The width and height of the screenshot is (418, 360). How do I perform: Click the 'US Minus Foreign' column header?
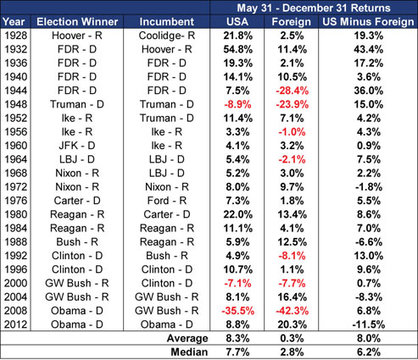[x=368, y=22]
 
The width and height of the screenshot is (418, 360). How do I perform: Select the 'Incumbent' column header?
[x=167, y=22]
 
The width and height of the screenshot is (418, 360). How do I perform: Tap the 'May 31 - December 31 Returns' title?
[x=314, y=8]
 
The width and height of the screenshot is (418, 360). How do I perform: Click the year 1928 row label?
[x=16, y=36]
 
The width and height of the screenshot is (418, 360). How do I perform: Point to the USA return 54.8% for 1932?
[x=237, y=49]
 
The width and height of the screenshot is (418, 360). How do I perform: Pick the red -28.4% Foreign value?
[x=293, y=91]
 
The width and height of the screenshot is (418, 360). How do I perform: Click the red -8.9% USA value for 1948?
[x=237, y=104]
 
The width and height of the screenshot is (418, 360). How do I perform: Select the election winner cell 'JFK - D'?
[x=77, y=146]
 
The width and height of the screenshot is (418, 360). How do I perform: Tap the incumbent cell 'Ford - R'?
[x=167, y=201]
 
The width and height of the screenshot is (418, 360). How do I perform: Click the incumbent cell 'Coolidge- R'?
[x=167, y=36]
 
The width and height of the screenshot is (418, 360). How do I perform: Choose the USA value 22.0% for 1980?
[x=237, y=214]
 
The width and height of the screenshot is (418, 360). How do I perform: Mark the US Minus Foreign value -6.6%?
[x=369, y=242]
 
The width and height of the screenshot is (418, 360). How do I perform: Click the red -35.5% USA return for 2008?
[x=237, y=311]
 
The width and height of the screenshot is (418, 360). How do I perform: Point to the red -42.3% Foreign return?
[x=293, y=311]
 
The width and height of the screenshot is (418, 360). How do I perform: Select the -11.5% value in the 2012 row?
[x=369, y=324]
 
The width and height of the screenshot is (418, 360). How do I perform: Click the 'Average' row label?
[x=187, y=338]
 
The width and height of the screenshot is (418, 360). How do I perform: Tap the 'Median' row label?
[x=189, y=352]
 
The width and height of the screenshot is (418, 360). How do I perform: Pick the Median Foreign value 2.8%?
[x=293, y=352]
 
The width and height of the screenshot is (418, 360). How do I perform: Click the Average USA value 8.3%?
[x=237, y=338]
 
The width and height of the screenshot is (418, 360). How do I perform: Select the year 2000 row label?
[x=16, y=283]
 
